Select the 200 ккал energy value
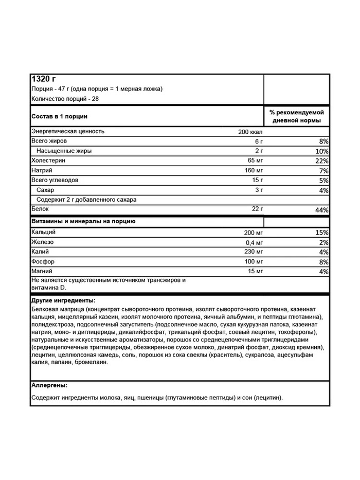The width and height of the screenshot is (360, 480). [x=250, y=132]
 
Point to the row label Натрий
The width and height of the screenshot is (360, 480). [x=42, y=170]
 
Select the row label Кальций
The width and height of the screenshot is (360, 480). [x=44, y=233]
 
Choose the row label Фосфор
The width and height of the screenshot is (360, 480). [x=43, y=261]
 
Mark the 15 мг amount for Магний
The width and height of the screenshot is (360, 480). [x=255, y=271]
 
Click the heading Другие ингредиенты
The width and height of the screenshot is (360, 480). [x=63, y=300]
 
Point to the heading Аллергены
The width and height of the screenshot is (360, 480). [x=49, y=385]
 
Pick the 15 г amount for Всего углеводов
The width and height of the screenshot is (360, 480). [x=257, y=180]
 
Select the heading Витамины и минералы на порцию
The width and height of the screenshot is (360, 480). [x=83, y=222]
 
